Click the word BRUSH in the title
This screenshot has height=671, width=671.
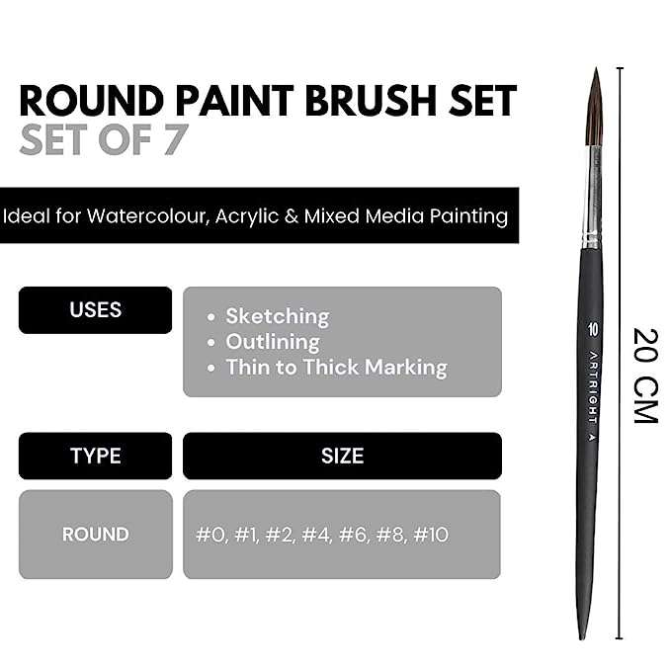click(x=371, y=101)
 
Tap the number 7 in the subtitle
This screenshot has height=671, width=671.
click(x=176, y=139)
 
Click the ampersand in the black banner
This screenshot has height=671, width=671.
click(x=291, y=216)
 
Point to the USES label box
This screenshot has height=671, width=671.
click(x=96, y=310)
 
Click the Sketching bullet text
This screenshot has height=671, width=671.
click(x=278, y=316)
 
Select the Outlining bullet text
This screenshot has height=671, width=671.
click(x=273, y=342)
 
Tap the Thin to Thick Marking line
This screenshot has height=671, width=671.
click(x=337, y=368)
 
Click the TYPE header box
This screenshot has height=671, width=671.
click(x=96, y=456)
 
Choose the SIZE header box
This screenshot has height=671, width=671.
click(x=342, y=456)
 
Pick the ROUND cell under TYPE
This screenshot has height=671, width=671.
click(x=96, y=535)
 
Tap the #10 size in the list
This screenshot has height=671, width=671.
click(x=431, y=535)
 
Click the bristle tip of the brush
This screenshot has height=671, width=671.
click(x=596, y=68)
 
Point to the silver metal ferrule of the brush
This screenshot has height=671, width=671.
click(x=593, y=197)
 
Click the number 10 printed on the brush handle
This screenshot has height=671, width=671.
click(x=593, y=330)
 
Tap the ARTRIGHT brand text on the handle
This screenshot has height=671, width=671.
click(x=593, y=388)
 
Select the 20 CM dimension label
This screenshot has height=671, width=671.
click(x=645, y=377)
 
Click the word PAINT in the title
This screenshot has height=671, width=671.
click(x=234, y=101)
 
